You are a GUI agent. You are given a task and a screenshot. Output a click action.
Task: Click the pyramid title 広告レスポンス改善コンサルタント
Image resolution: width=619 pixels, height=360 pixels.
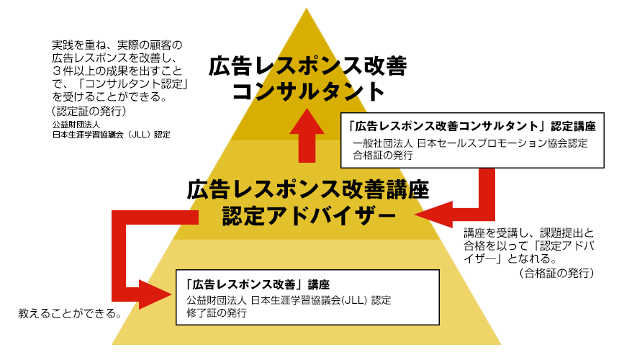307,78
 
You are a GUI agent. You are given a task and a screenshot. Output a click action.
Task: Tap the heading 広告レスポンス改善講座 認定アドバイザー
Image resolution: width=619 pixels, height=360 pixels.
307,202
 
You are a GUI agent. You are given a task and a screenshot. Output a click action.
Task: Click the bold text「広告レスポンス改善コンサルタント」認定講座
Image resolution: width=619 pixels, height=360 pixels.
471,125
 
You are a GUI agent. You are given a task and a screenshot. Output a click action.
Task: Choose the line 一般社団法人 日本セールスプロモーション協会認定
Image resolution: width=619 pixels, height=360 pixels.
471,143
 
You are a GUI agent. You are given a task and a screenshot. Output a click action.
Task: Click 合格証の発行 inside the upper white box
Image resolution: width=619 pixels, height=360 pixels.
383,155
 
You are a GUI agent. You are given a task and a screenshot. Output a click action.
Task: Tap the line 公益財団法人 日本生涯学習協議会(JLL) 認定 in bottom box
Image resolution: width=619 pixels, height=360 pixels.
289,300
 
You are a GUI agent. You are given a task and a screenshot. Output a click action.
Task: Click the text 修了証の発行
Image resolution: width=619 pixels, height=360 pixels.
216,313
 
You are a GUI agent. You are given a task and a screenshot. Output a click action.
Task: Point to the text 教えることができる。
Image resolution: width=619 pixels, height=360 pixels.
69,315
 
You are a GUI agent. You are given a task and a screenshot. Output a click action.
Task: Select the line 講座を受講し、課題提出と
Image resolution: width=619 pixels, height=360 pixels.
529,233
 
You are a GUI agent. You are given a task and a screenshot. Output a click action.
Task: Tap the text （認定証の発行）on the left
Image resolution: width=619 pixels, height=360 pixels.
84,111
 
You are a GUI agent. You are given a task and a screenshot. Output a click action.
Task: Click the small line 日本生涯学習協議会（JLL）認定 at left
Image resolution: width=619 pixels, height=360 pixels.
111,134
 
